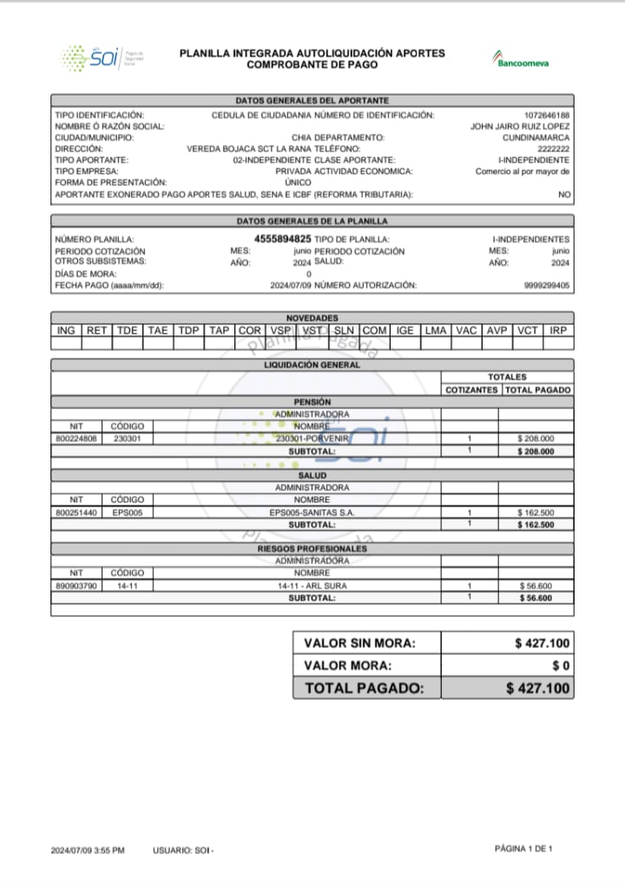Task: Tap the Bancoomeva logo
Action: pos(521,61)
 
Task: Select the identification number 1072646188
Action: pos(547,116)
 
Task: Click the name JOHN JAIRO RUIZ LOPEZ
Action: pos(520,127)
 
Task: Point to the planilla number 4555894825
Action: pos(282,238)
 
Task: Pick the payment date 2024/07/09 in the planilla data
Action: pos(291,285)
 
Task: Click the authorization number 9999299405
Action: pos(547,285)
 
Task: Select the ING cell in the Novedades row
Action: pos(66,331)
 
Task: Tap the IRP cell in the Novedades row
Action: pos(558,331)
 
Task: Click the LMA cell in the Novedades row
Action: pos(435,331)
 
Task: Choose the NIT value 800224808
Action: pos(76,439)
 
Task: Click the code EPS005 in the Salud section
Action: pos(128,513)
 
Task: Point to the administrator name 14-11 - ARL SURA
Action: pos(312,586)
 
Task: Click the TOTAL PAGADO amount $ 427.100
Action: pos(538,688)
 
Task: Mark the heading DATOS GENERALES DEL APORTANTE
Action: pos(312,101)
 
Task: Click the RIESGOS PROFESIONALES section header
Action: pos(312,549)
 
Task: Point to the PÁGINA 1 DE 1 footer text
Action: pos(523,848)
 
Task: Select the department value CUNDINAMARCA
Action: pos(536,138)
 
